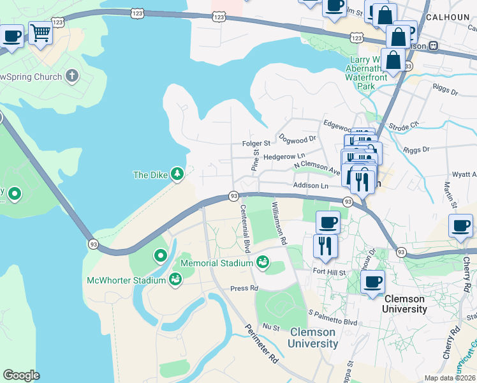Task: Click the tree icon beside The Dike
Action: point(177,174)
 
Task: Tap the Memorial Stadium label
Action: point(217,263)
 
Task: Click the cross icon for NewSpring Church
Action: point(72,77)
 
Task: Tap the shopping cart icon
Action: point(40,31)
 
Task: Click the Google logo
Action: point(21,375)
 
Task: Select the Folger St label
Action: point(256,144)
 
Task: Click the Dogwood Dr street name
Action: point(296,138)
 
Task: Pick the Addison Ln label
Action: point(311,185)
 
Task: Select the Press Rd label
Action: point(244,288)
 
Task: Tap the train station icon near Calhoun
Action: point(434,45)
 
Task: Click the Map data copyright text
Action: point(450,377)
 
